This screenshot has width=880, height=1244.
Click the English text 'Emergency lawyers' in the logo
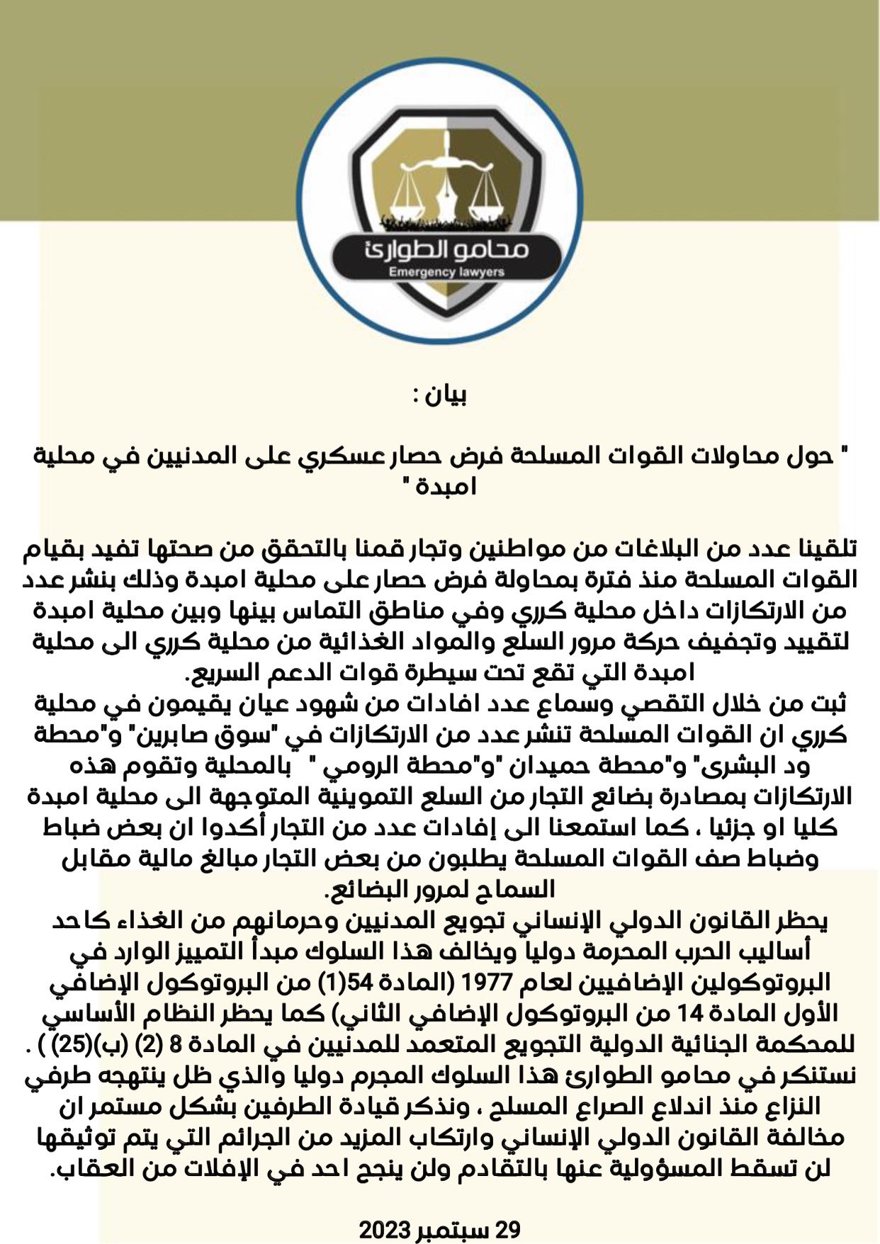(446, 272)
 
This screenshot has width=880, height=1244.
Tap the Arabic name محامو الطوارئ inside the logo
(446, 250)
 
